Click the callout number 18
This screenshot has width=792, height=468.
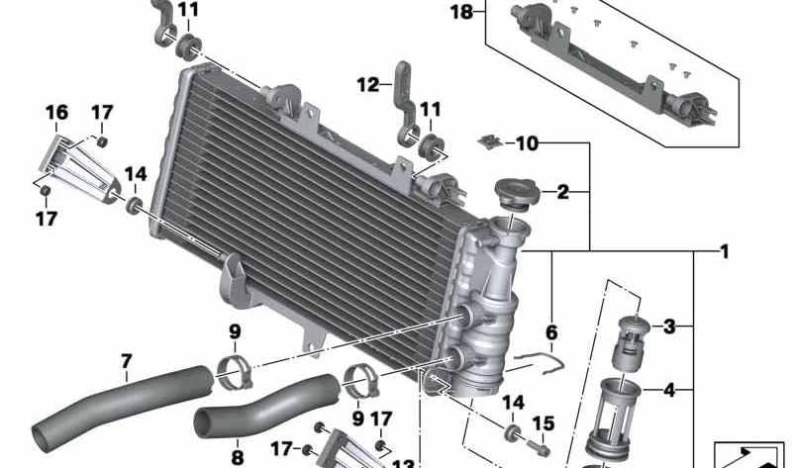click(x=461, y=12)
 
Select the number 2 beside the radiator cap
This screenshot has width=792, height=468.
click(x=562, y=192)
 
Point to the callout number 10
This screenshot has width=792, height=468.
click(x=526, y=143)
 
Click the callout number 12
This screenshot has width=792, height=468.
click(x=367, y=85)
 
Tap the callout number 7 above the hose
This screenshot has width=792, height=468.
click(x=126, y=361)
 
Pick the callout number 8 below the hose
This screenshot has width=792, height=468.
click(x=237, y=456)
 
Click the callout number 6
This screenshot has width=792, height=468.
click(x=551, y=332)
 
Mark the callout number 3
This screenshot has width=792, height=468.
click(x=669, y=326)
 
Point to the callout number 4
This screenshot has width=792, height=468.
click(x=669, y=390)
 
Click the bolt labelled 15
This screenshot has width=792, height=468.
click(x=543, y=448)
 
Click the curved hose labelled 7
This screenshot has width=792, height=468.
click(x=119, y=407)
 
